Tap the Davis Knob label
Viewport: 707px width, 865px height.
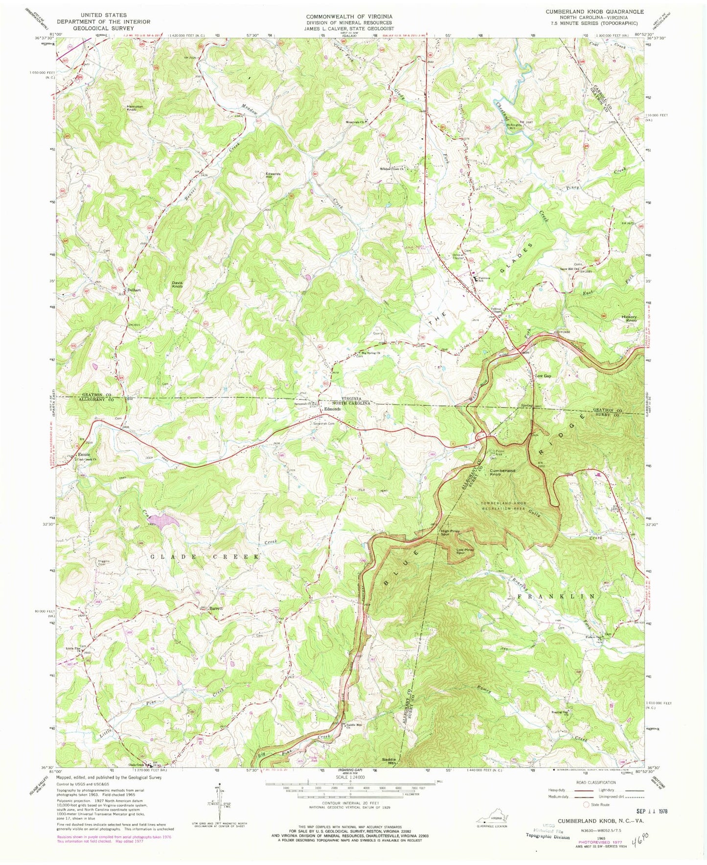177,284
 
